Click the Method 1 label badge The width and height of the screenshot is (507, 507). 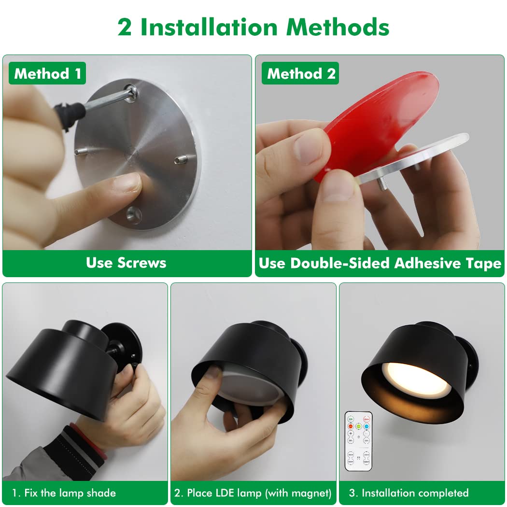pyautogui.click(x=47, y=73)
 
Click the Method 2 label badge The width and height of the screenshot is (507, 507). pyautogui.click(x=300, y=73)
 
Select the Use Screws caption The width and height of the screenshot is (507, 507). pyautogui.click(x=126, y=263)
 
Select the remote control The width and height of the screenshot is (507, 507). pyautogui.click(x=358, y=441)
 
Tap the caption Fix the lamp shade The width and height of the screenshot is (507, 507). pyautogui.click(x=64, y=493)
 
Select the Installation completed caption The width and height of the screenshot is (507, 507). pyautogui.click(x=408, y=493)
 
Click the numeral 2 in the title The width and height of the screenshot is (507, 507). pyautogui.click(x=125, y=27)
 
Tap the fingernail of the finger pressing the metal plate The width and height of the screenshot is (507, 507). pyautogui.click(x=129, y=183)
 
